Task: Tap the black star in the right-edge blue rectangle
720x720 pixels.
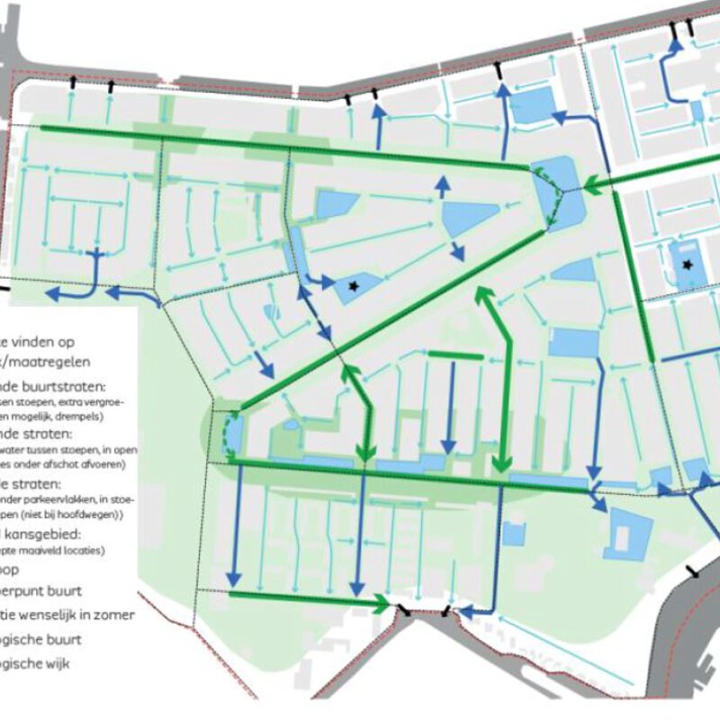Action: tap(688, 265)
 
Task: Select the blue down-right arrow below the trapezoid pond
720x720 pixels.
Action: tap(458, 252)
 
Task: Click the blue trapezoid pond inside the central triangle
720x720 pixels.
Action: tap(468, 217)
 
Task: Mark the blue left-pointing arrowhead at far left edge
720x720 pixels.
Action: tap(52, 294)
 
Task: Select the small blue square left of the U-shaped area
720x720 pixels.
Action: tap(513, 534)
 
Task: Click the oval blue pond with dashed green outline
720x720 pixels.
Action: tap(231, 430)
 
